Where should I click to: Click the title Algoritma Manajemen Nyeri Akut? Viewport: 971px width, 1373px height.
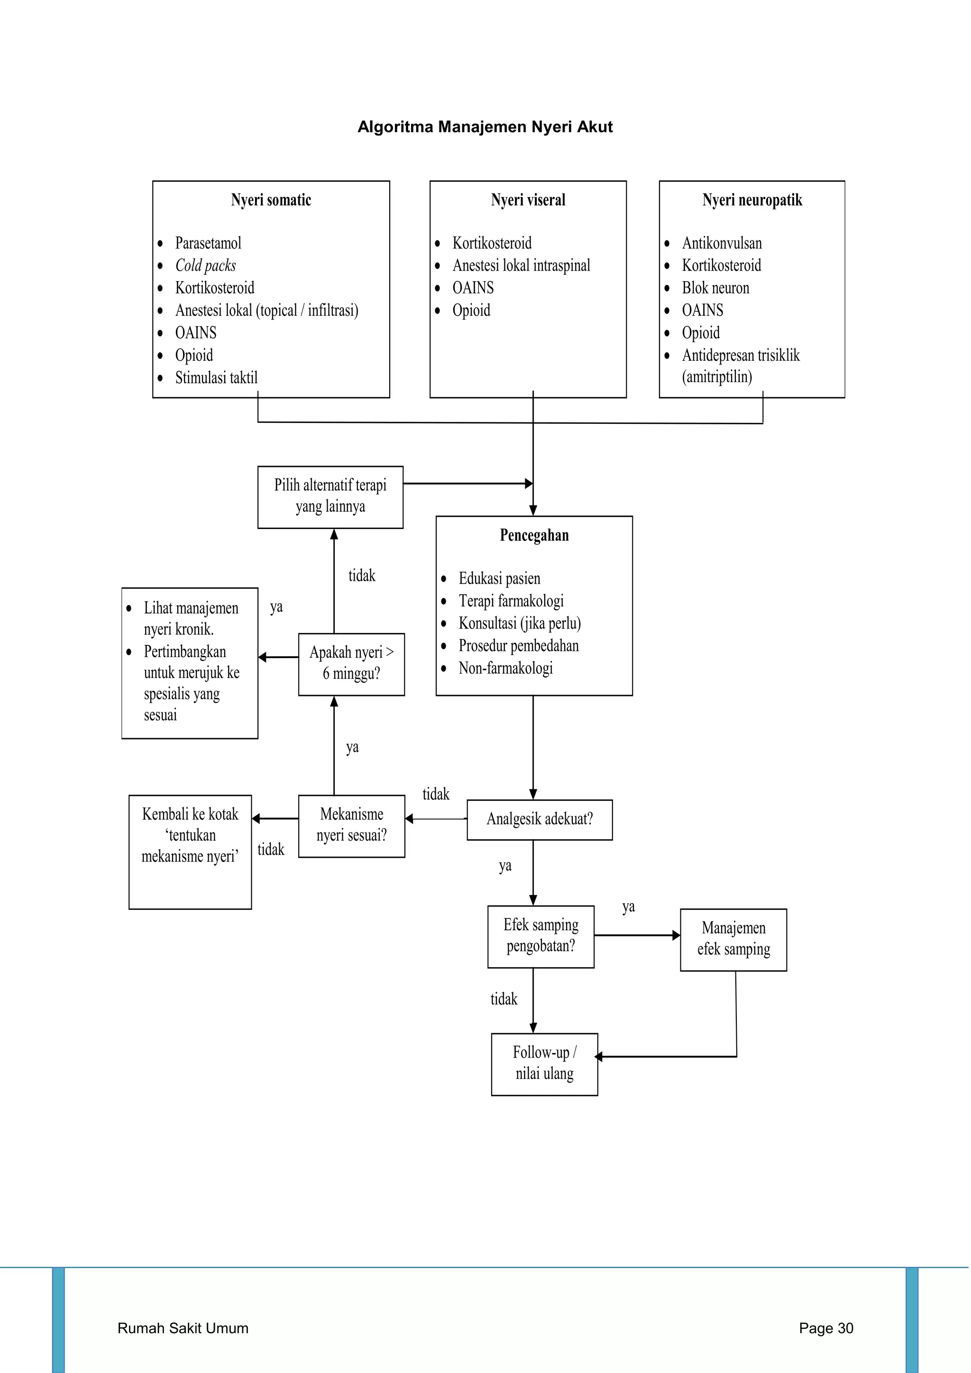point(485,127)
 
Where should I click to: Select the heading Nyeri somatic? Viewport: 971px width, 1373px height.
point(271,200)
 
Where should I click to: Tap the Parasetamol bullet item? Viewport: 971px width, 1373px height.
point(208,243)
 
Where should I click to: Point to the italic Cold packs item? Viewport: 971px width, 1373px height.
point(205,265)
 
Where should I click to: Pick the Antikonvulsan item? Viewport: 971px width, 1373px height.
point(722,243)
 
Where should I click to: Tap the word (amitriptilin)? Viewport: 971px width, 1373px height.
point(717,377)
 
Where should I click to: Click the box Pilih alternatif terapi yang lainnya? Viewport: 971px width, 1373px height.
point(330,497)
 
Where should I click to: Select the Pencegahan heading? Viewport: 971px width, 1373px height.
point(534,535)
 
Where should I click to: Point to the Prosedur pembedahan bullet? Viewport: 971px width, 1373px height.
point(518,646)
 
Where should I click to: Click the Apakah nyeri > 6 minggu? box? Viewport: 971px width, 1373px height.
point(352,664)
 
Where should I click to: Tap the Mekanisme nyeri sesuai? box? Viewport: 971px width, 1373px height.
point(352,826)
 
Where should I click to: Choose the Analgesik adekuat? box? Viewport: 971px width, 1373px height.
point(539,819)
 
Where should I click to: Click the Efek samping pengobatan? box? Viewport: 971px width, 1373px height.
point(540,936)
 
